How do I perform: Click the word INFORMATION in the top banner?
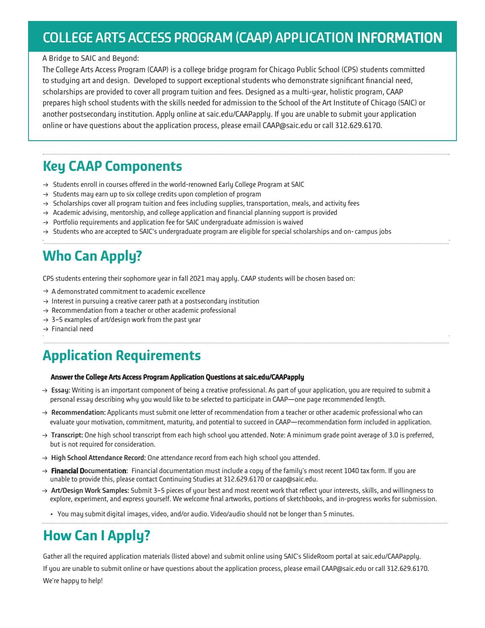399,38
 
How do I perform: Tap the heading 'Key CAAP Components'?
112,166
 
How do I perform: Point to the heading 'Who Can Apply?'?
92,256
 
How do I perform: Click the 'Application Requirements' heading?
122,356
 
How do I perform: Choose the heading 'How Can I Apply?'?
96,536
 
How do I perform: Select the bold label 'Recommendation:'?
78,413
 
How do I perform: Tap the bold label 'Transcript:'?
67,435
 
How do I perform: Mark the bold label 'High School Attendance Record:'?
98,458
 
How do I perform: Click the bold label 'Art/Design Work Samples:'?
90,490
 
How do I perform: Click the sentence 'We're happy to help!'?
73,581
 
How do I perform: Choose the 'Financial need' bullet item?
72,329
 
